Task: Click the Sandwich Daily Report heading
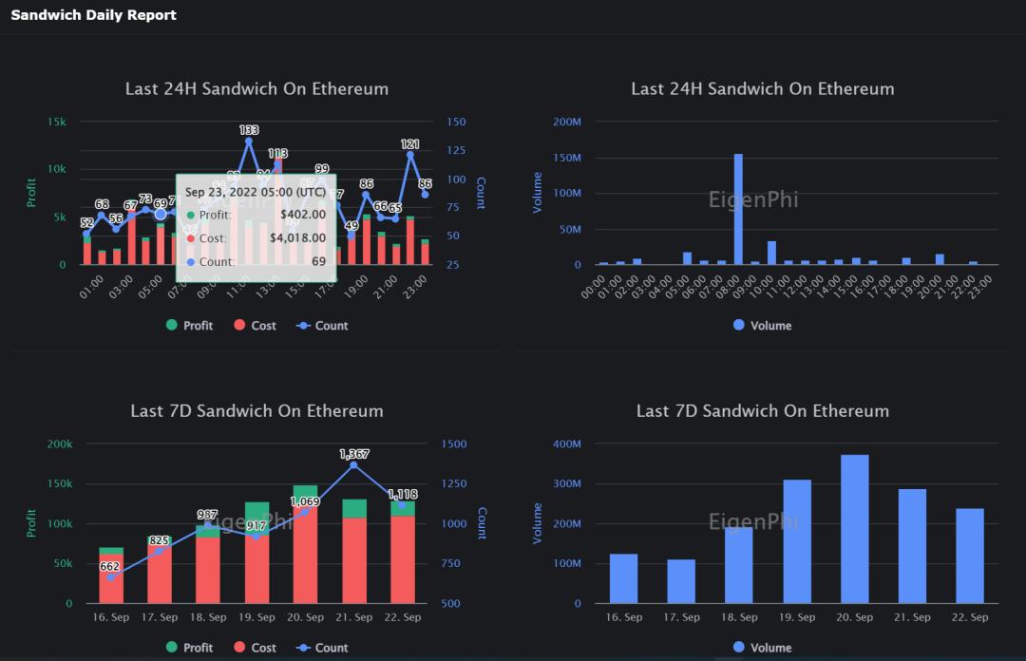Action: pyautogui.click(x=93, y=15)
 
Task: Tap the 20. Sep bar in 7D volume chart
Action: pyautogui.click(x=854, y=529)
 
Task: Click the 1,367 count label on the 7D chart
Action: pyautogui.click(x=354, y=455)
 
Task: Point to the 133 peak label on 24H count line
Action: pyautogui.click(x=249, y=130)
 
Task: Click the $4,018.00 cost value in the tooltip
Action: pyautogui.click(x=297, y=238)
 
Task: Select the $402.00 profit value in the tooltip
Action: pyautogui.click(x=303, y=216)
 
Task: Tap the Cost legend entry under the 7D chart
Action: pyautogui.click(x=254, y=648)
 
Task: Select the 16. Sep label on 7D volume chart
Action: pyautogui.click(x=624, y=617)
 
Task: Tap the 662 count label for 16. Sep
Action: pyautogui.click(x=110, y=567)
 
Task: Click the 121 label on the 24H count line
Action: pyautogui.click(x=410, y=144)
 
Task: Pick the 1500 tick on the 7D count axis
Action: pyautogui.click(x=453, y=444)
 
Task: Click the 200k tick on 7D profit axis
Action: pyautogui.click(x=59, y=444)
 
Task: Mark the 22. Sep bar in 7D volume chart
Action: pyautogui.click(x=970, y=556)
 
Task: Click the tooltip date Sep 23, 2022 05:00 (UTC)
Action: pyautogui.click(x=256, y=192)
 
